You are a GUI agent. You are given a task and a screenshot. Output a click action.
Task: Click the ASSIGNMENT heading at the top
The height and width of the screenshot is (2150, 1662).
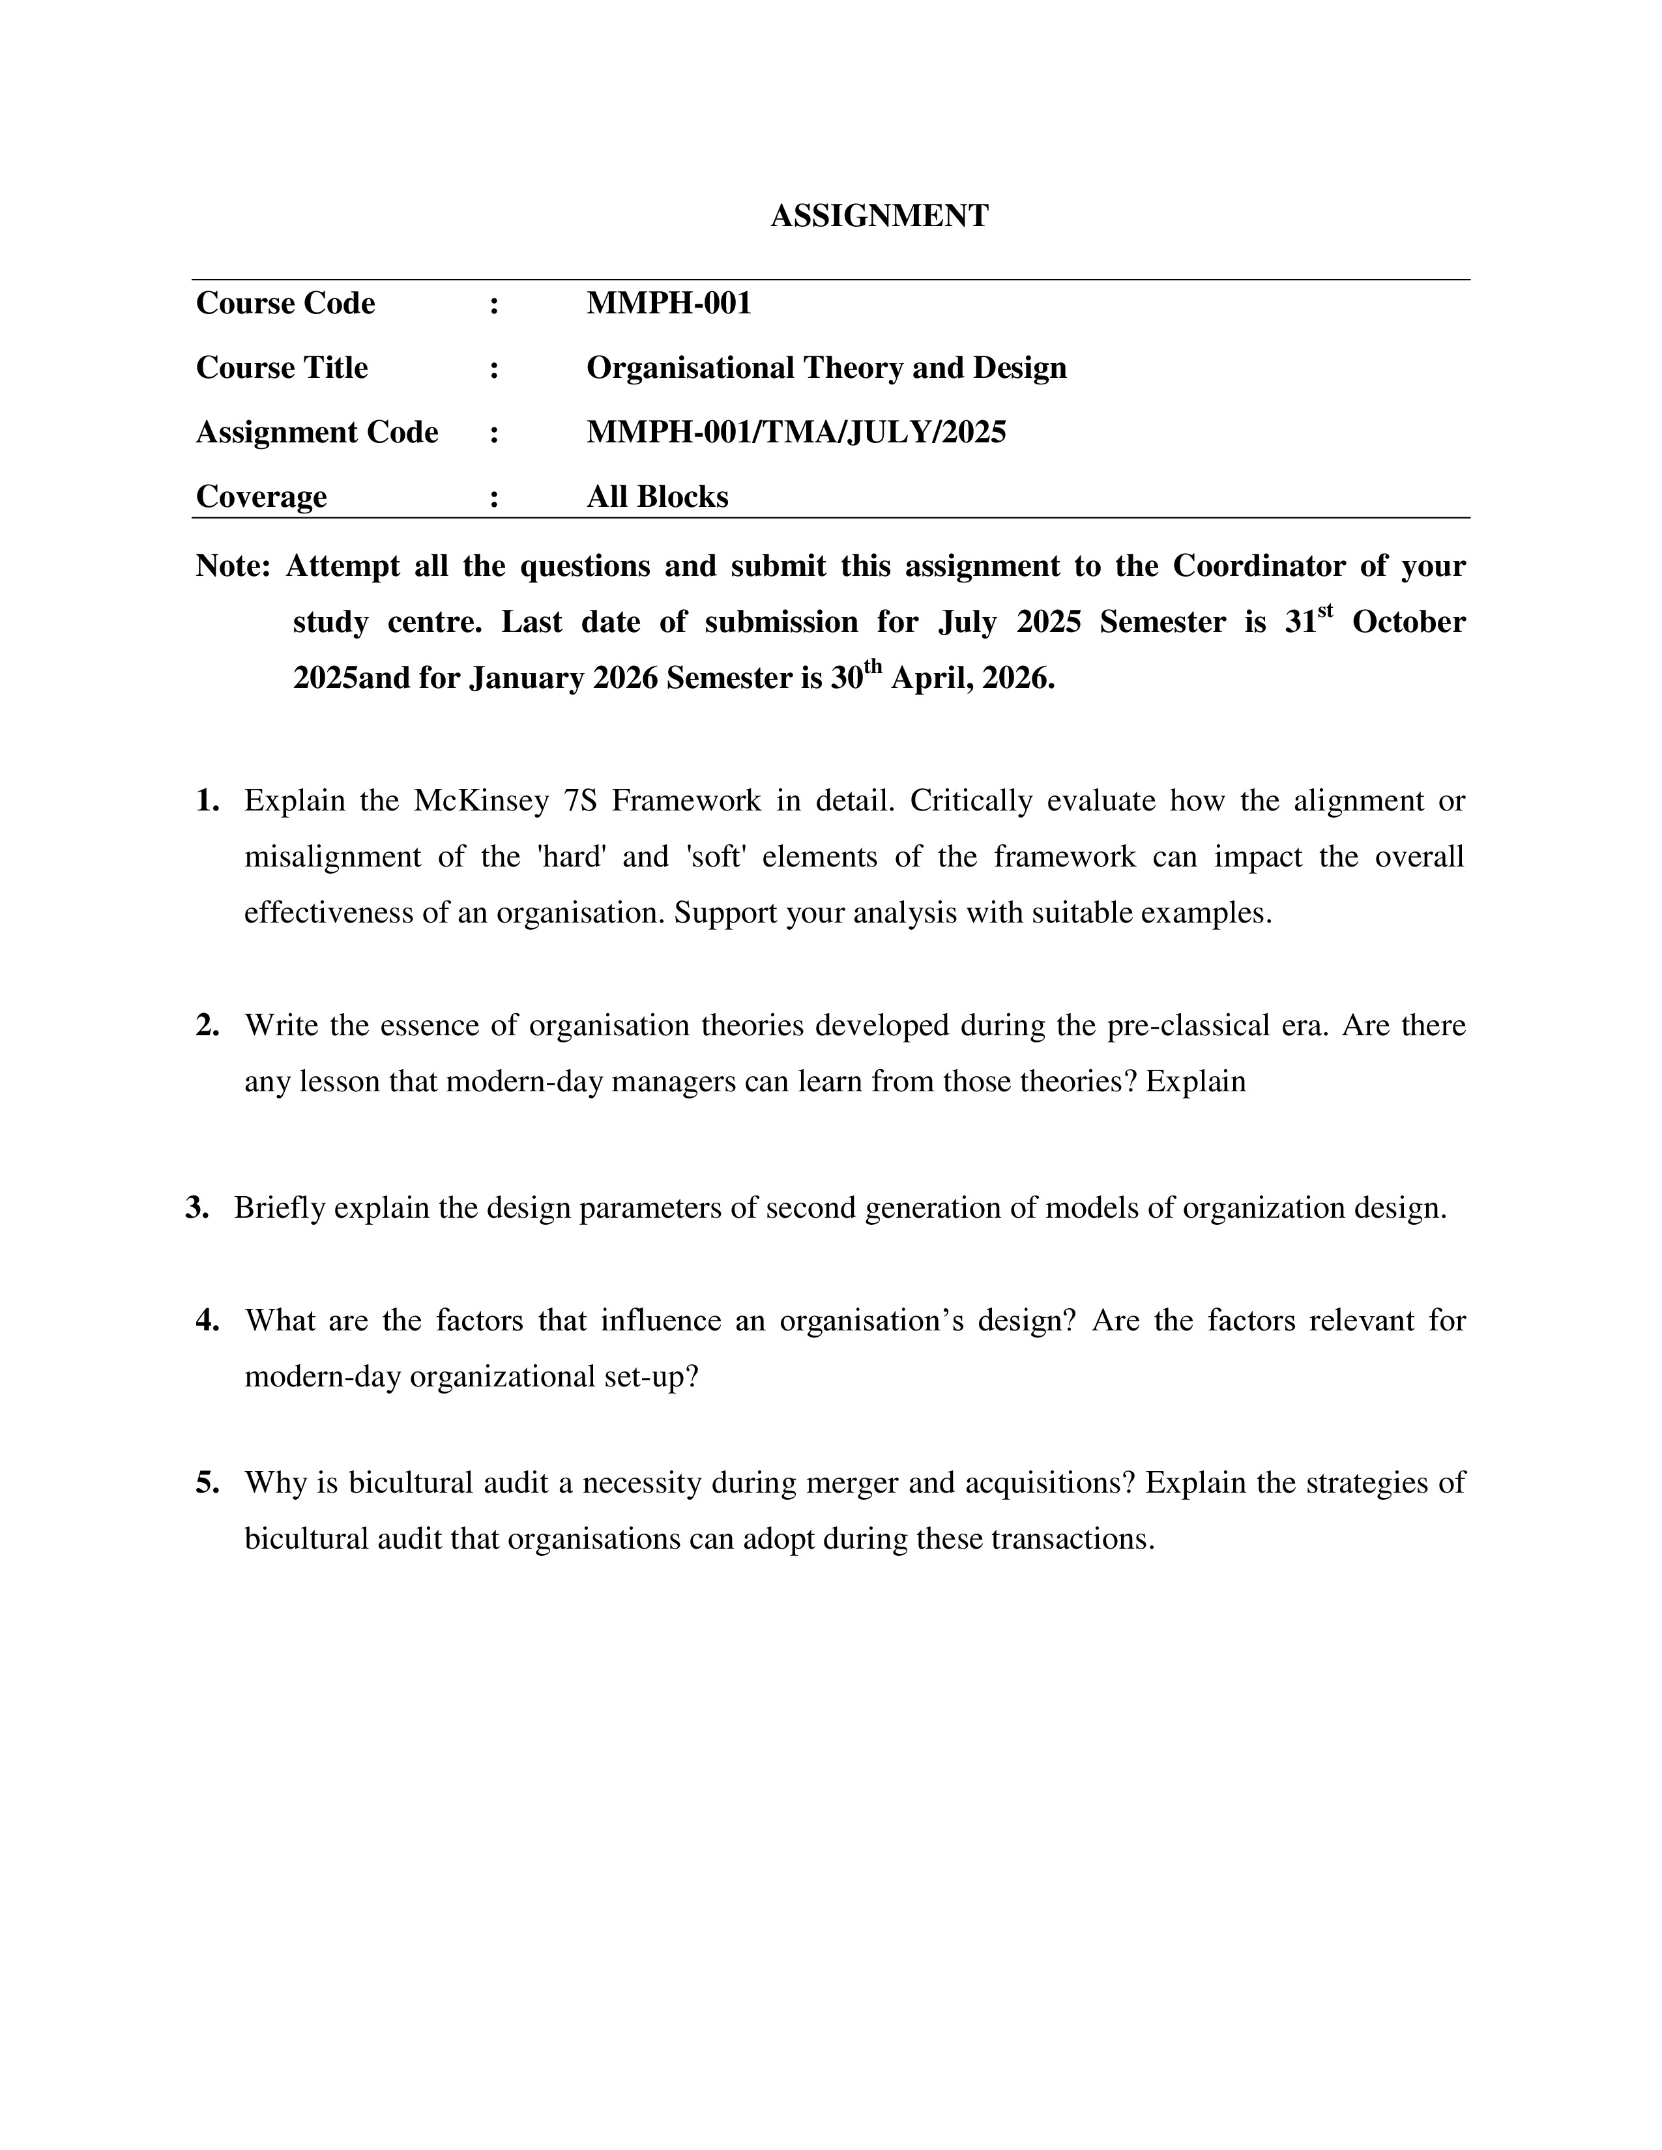coord(879,216)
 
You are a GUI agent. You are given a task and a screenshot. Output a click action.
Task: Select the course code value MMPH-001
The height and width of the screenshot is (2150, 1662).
coord(669,303)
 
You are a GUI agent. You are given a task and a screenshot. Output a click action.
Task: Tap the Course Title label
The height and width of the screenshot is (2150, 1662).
coord(282,368)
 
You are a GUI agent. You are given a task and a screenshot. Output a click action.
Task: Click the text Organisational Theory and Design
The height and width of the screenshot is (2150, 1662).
coord(826,368)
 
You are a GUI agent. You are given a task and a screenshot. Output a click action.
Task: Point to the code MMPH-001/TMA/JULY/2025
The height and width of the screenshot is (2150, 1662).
coord(796,432)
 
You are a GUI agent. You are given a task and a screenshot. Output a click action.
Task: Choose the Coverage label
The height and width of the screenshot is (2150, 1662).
coord(261,497)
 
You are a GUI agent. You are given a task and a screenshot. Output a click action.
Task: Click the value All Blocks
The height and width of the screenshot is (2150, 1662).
coord(657,497)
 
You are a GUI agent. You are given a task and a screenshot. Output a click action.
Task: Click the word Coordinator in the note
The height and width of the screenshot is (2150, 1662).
coord(1257,566)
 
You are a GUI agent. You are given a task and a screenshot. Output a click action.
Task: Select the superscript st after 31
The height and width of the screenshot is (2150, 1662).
coord(1325,611)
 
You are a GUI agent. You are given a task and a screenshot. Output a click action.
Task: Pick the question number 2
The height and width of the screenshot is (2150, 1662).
coord(207,1025)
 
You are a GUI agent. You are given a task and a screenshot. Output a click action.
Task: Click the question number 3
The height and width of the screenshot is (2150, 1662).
coord(197,1208)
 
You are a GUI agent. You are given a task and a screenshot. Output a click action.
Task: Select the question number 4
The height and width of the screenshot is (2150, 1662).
coord(207,1320)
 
